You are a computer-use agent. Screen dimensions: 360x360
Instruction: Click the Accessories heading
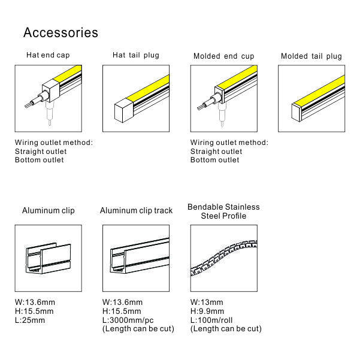point(60,32)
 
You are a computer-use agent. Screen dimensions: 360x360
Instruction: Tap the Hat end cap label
point(48,55)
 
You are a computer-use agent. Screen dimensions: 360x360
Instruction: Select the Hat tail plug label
point(136,55)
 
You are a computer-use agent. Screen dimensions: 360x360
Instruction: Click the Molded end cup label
point(224,56)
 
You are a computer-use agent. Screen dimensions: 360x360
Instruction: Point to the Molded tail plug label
point(311,56)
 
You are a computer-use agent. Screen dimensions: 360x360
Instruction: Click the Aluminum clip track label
point(136,210)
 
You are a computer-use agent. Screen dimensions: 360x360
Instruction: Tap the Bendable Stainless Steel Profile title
point(223,211)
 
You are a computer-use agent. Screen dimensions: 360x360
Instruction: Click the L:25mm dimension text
point(30,320)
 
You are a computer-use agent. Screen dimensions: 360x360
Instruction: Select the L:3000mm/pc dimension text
point(128,320)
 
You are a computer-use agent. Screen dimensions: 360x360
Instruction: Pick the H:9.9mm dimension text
point(207,311)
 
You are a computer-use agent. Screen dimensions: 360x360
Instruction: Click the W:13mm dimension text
point(207,302)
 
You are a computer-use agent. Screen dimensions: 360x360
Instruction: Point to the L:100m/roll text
point(211,320)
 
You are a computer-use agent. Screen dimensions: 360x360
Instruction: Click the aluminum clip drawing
point(48,258)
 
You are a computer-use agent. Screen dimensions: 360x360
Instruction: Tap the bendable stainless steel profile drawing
point(224,258)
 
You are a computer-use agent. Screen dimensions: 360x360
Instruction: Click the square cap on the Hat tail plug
point(123,111)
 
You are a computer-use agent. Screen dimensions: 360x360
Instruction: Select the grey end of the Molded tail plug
point(296,113)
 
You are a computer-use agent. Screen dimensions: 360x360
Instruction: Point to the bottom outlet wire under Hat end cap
point(49,114)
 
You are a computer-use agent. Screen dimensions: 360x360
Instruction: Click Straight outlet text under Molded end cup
point(216,152)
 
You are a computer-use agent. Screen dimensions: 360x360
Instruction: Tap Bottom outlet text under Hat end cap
point(40,160)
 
